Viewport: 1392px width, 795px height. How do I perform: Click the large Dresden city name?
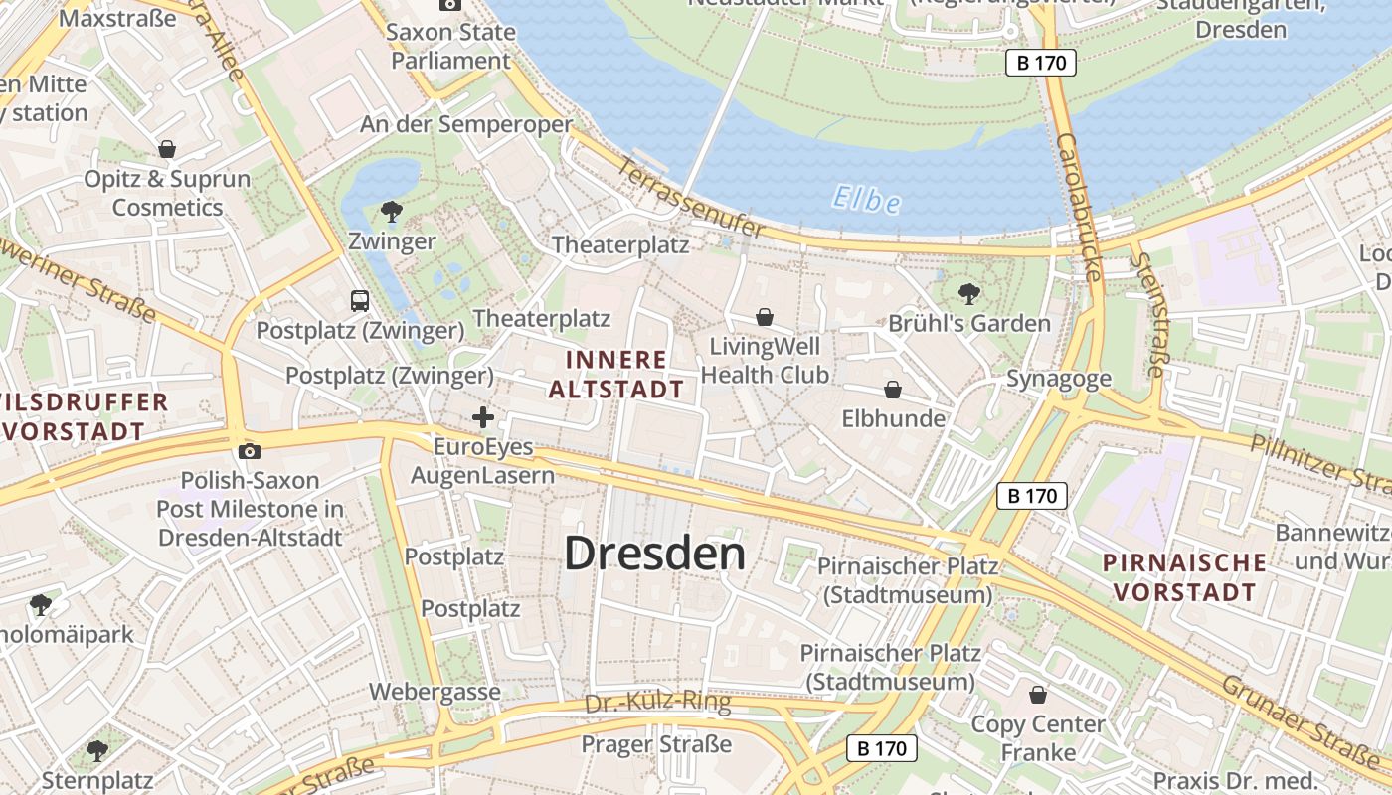point(654,554)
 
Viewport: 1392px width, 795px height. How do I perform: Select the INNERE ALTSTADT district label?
point(616,374)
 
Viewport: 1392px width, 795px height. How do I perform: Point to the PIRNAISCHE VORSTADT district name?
point(1184,577)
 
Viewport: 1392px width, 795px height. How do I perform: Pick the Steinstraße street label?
point(1148,313)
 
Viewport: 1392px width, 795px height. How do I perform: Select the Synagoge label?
point(1059,379)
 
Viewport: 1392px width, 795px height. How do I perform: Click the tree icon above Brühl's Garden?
point(968,294)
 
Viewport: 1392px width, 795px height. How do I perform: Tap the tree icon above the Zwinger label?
point(392,211)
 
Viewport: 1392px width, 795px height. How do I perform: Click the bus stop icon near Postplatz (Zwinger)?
point(360,300)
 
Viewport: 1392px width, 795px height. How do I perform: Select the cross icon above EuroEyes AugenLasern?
point(482,417)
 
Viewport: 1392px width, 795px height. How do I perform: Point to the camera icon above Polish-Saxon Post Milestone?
point(250,452)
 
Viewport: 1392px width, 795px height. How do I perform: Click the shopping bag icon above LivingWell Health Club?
point(765,317)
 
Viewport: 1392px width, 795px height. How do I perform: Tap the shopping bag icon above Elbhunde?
point(893,390)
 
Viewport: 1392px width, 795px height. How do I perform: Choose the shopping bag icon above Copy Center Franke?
point(1038,695)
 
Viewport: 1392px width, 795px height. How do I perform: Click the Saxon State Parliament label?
point(450,46)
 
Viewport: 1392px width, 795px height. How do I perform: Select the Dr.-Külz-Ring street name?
point(657,703)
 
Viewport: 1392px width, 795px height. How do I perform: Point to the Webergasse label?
point(435,691)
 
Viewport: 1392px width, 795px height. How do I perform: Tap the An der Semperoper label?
point(465,124)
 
